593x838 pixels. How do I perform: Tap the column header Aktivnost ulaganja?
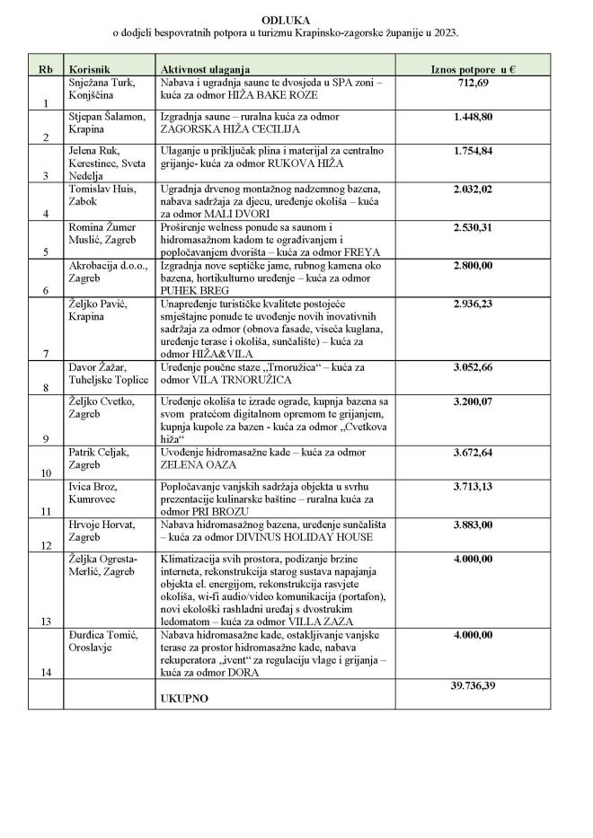205,69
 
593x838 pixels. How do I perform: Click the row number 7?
46,354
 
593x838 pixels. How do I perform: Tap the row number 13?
46,621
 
